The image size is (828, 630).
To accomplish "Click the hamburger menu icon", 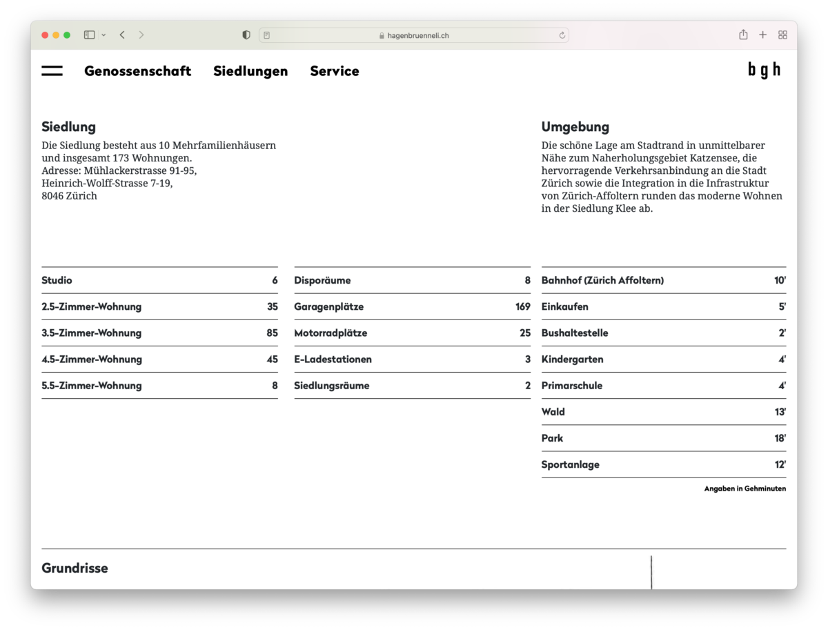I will point(52,71).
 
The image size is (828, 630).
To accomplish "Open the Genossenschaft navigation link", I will point(137,71).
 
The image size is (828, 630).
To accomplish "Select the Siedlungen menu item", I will point(250,71).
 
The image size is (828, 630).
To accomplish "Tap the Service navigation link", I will point(335,71).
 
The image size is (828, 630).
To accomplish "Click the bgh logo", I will point(765,70).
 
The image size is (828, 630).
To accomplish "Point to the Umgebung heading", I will point(575,127).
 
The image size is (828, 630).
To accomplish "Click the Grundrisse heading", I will point(75,569).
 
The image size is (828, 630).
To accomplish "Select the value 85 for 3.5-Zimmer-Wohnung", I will point(272,333).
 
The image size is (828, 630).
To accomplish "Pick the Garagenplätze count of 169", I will point(522,307).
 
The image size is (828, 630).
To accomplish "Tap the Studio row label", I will point(57,281).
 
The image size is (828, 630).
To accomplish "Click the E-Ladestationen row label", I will point(333,360).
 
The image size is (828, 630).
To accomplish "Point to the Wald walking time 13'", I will point(780,412).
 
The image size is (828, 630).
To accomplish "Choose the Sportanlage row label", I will point(570,465).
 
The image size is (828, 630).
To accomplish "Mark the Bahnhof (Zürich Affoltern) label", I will point(602,281).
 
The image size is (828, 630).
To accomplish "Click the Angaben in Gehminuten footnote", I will point(745,489).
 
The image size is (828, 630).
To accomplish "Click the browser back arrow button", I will point(122,35).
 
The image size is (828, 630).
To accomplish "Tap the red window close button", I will point(45,35).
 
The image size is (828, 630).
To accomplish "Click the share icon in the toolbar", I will point(743,35).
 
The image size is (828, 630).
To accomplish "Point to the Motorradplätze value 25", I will point(525,333).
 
